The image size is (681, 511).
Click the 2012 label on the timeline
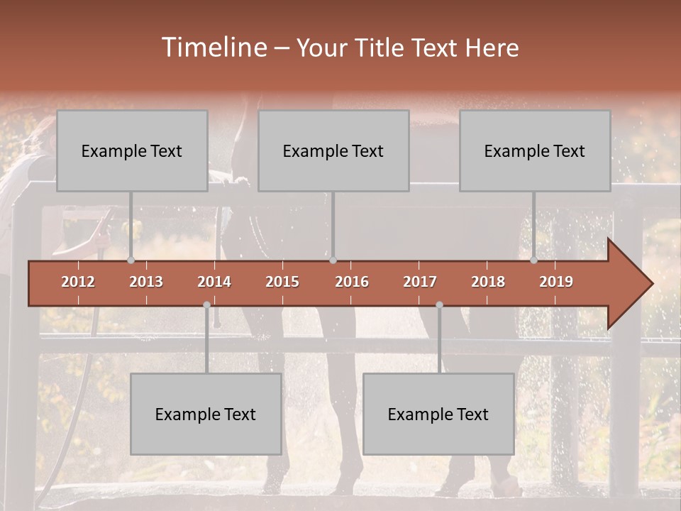coord(78,282)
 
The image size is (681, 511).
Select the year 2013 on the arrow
coord(146,282)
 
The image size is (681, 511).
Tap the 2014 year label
coord(214,282)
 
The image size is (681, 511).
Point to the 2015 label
coord(282,282)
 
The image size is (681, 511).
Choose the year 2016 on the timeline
coord(352,282)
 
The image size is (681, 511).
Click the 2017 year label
coord(420,282)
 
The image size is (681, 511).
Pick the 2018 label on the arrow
coord(488,282)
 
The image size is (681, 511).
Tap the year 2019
coord(556,282)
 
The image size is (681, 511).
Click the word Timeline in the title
coord(214,48)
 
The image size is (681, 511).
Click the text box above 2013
coord(132,150)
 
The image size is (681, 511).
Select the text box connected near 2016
coord(333,150)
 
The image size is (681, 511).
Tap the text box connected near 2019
coord(535,150)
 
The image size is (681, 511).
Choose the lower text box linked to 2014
coord(206,414)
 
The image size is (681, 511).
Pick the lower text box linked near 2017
coord(438,414)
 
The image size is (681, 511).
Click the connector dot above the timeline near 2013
coord(131,260)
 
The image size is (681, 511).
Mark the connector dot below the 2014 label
coord(206,304)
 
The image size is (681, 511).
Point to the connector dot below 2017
coord(439,304)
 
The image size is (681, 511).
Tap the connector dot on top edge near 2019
coord(533,260)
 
